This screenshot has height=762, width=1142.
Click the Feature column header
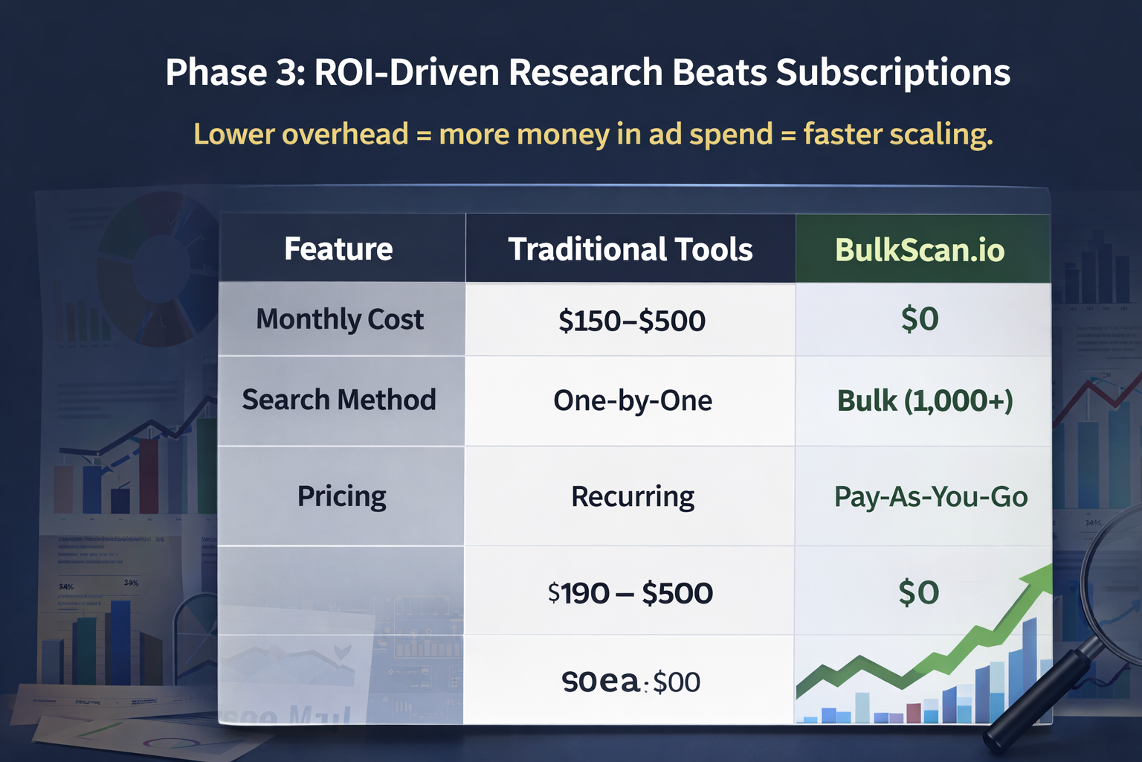pos(338,249)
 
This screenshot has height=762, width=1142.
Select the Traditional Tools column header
pos(630,249)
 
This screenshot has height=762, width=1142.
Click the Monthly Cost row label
pos(340,319)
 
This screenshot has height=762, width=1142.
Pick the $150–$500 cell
pos(632,321)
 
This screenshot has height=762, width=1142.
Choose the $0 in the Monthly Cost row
pos(920,319)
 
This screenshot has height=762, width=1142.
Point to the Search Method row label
pos(339,400)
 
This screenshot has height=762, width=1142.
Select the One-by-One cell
pos(633,401)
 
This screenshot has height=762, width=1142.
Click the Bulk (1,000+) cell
pos(925,401)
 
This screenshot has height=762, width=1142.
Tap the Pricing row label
pos(341,496)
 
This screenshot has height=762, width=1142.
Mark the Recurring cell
pos(633,496)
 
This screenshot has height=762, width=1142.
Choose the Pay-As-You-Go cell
pos(931,496)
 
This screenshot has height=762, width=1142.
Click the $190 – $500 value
pos(630,593)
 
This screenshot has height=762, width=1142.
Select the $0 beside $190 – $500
pos(919,593)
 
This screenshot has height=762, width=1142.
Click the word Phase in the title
pos(216,73)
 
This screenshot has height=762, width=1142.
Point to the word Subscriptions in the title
pos(893,73)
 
